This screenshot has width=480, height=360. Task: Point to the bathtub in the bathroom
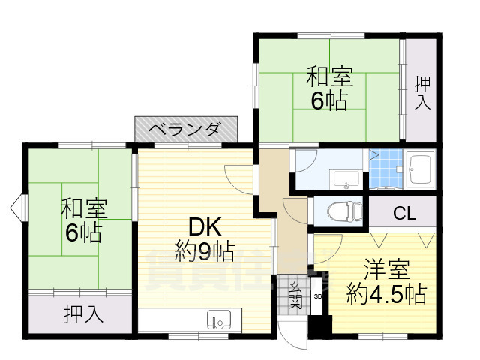point(420,169)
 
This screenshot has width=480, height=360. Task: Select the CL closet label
point(405,214)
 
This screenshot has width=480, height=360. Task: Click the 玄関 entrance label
point(293,295)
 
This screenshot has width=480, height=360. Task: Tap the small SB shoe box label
point(318,297)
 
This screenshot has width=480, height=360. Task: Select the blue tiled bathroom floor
point(386,170)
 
